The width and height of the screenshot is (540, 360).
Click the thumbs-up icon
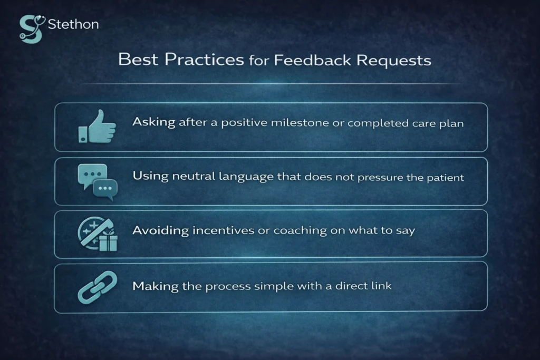[97, 127]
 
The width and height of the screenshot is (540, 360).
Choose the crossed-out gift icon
[98, 233]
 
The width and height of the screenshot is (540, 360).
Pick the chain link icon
[98, 286]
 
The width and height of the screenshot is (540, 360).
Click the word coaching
[275, 231]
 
